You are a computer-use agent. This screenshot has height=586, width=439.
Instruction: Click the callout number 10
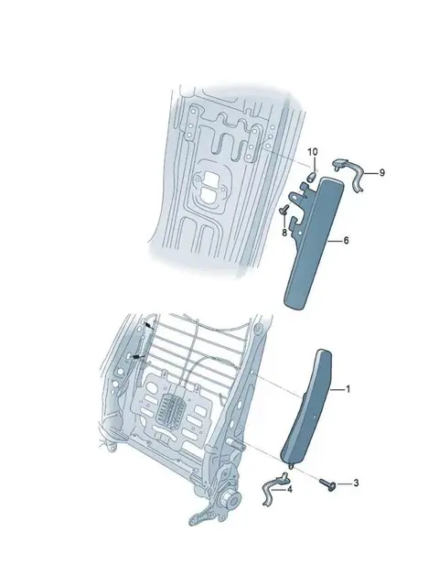tap(313, 152)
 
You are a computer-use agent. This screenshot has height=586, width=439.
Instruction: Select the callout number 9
tap(381, 173)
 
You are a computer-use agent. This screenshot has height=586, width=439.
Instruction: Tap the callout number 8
tap(284, 233)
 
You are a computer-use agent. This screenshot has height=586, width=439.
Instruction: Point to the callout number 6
tap(346, 240)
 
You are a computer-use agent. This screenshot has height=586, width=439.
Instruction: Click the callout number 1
tap(348, 389)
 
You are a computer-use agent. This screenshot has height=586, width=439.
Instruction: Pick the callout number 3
tap(356, 483)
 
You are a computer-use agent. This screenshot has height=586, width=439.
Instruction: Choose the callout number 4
tap(290, 489)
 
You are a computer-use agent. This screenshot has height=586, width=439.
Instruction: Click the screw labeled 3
tap(327, 484)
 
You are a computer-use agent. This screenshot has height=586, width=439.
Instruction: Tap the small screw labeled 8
tap(284, 210)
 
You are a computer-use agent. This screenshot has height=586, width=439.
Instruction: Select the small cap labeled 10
tap(312, 176)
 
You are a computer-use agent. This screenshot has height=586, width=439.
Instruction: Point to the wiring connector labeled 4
tap(275, 489)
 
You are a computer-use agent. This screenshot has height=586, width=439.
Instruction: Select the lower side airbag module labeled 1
tap(309, 407)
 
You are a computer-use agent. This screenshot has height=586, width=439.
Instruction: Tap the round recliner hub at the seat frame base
tap(231, 497)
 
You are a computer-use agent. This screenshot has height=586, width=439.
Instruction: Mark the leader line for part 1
tap(337, 390)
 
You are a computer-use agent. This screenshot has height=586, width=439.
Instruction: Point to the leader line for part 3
tap(344, 483)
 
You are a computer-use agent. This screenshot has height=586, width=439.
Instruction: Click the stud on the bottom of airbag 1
tap(291, 465)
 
